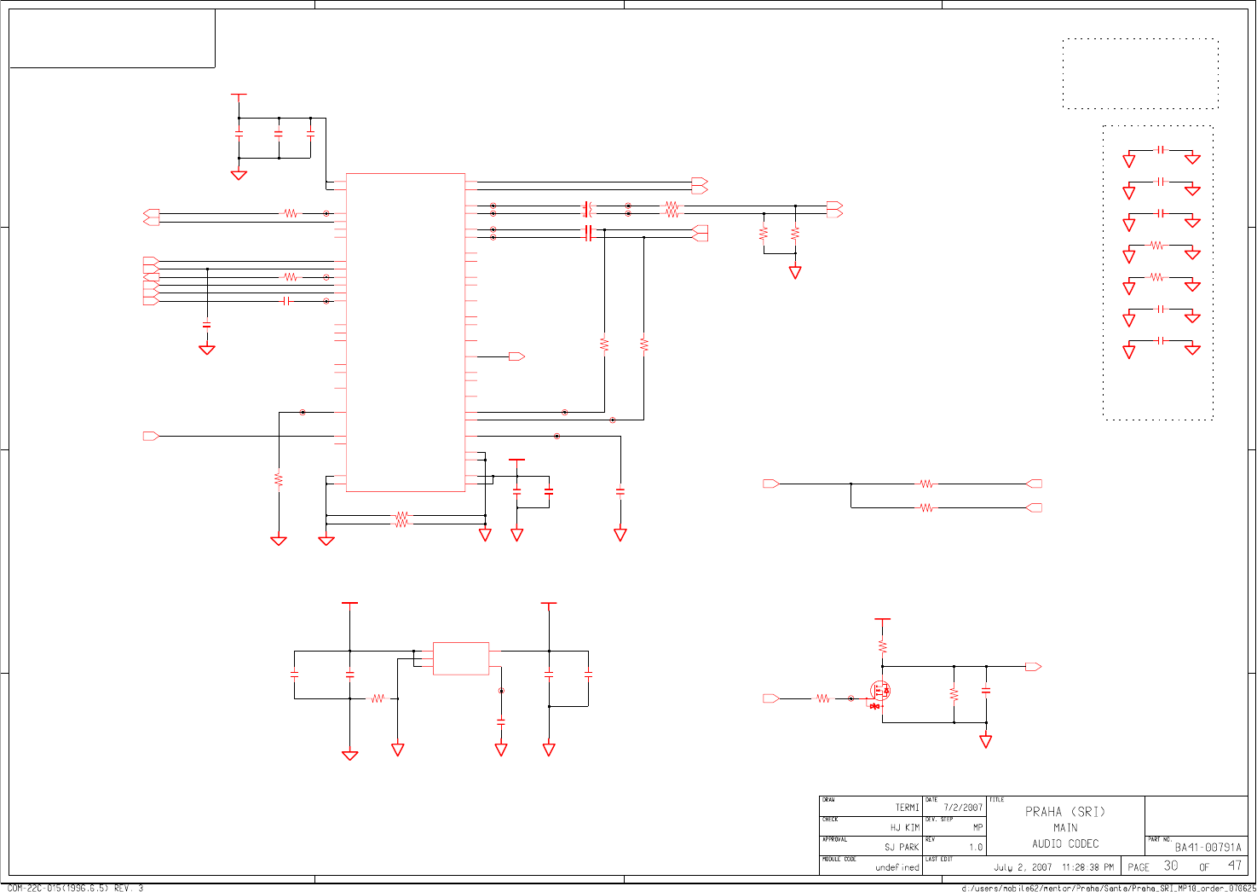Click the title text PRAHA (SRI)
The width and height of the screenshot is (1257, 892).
(x=1064, y=812)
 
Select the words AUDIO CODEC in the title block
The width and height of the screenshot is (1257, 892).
(x=1065, y=844)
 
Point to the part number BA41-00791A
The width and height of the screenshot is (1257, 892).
(x=1208, y=848)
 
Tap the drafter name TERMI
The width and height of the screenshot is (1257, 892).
(x=907, y=808)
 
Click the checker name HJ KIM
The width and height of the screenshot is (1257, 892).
(x=904, y=828)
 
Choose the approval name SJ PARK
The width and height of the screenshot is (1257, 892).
(x=902, y=848)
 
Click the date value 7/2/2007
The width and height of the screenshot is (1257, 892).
(x=963, y=808)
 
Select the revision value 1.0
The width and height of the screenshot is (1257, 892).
(x=976, y=848)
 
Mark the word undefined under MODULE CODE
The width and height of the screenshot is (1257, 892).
(x=897, y=868)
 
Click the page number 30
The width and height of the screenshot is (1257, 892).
(x=1171, y=866)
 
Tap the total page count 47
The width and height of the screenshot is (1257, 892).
(x=1235, y=866)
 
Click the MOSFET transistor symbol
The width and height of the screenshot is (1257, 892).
(x=879, y=692)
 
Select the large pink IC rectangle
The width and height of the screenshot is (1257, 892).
(x=406, y=333)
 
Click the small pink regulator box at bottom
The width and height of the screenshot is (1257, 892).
(x=461, y=658)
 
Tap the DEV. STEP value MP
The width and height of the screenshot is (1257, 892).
(x=977, y=828)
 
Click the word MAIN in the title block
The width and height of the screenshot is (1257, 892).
(x=1065, y=828)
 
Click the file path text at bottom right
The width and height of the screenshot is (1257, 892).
(x=1108, y=888)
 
